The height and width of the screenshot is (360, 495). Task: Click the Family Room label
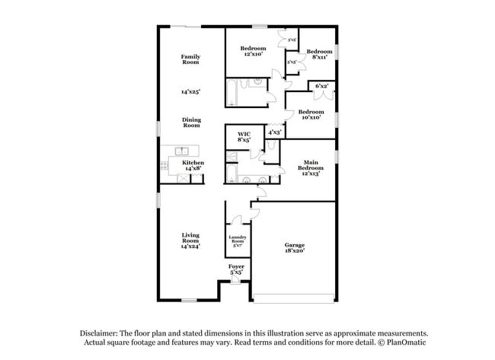[190, 59]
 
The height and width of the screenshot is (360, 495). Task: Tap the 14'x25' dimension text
[190, 91]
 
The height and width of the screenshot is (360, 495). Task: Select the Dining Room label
[190, 122]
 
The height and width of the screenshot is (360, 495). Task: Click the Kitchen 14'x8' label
[192, 165]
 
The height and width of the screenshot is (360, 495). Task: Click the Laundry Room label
[237, 242]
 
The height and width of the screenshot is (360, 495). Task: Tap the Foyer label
[236, 269]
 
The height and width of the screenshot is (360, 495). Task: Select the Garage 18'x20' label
[295, 247]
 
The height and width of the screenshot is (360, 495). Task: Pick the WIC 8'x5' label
[244, 136]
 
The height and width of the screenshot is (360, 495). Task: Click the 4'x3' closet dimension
[274, 132]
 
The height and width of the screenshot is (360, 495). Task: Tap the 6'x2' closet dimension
[321, 86]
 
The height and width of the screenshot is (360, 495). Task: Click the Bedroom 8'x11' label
[317, 54]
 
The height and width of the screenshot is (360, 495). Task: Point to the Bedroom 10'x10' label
[310, 114]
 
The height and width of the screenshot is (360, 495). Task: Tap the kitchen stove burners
[164, 164]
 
